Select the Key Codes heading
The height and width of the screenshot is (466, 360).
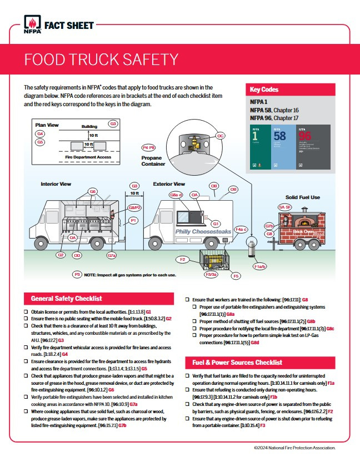pos(264,90)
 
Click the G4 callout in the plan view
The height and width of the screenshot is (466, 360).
pos(40,135)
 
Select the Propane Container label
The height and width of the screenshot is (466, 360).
pos(153,161)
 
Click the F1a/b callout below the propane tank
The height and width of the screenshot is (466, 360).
pos(260,266)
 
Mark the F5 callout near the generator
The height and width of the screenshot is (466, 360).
pos(236,276)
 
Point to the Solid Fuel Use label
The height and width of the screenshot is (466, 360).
pos(302,197)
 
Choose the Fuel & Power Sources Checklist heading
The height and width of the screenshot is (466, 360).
pos(237,362)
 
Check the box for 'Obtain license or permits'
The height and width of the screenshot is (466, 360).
pos(26,312)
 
